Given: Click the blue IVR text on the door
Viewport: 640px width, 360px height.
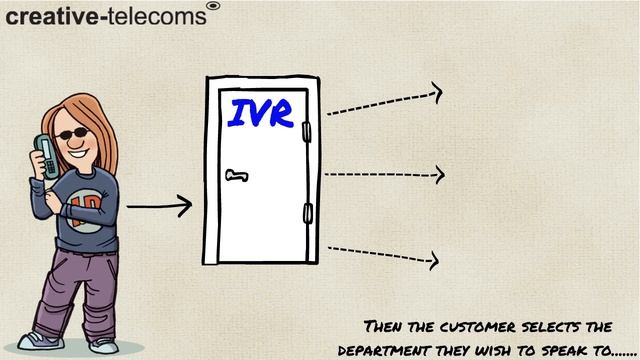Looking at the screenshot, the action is pyautogui.click(x=260, y=112).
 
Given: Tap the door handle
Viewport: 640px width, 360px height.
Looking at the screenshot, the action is pyautogui.click(x=236, y=177).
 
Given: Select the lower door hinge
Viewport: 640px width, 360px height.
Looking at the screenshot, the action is pyautogui.click(x=308, y=212).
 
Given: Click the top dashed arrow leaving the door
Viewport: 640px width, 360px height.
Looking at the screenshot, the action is pyautogui.click(x=384, y=102).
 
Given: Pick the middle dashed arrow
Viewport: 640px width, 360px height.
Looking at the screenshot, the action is pyautogui.click(x=384, y=174).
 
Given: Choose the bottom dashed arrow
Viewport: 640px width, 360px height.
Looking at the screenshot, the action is pyautogui.click(x=384, y=254).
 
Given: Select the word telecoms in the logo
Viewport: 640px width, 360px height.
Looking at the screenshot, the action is pyautogui.click(x=160, y=17).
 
